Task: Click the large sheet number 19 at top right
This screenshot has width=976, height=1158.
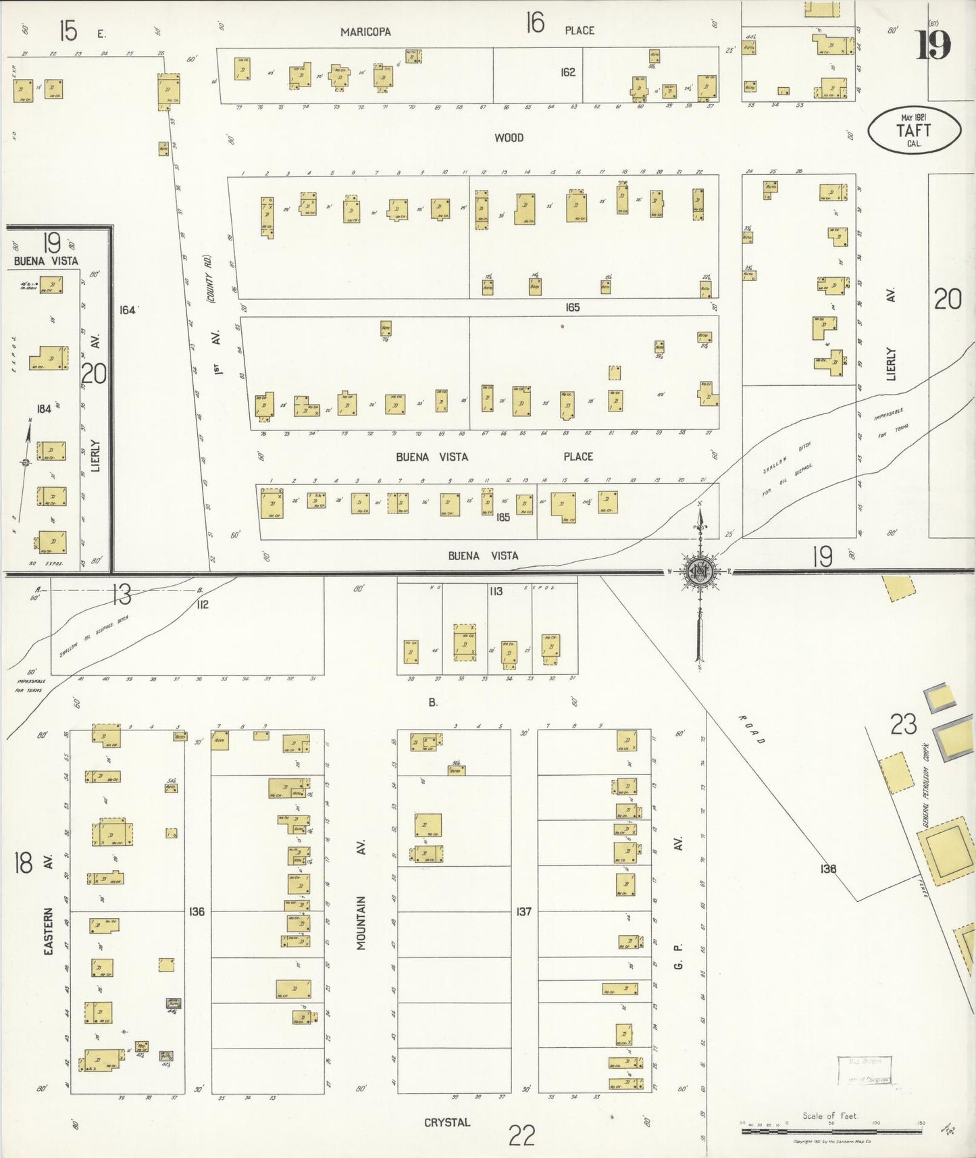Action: [x=933, y=45]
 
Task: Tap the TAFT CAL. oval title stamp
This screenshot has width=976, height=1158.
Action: [x=914, y=130]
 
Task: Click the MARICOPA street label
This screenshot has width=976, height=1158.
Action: [x=365, y=32]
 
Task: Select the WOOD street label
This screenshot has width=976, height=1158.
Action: [x=509, y=138]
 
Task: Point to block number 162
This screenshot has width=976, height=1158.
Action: [x=567, y=72]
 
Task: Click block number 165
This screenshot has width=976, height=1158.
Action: [x=572, y=307]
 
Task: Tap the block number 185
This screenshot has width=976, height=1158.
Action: [x=503, y=518]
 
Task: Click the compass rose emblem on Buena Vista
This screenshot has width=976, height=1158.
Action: [x=700, y=572]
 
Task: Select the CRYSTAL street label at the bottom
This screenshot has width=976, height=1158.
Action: [x=446, y=1122]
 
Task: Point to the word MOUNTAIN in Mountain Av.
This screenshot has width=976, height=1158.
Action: [x=361, y=923]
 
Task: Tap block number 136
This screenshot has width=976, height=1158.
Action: [x=197, y=911]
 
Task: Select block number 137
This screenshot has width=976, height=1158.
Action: [x=523, y=911]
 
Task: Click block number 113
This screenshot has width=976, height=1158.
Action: [x=496, y=591]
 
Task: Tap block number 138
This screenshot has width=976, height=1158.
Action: [x=828, y=869]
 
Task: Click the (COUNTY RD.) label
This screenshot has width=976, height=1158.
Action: [x=210, y=278]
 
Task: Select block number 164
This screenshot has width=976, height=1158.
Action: [x=127, y=309]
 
